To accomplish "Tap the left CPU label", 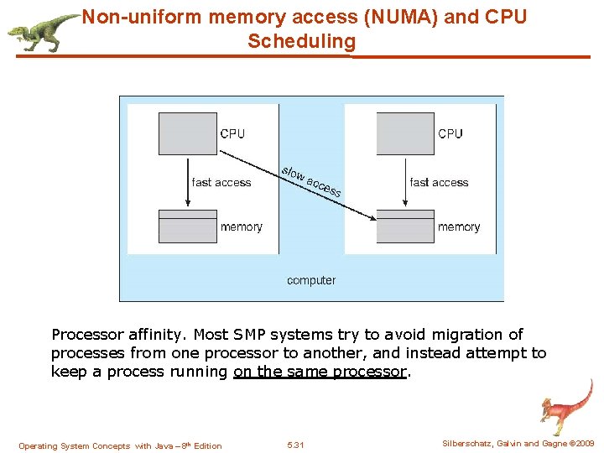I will (x=232, y=133).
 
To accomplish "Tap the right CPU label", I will (x=450, y=133).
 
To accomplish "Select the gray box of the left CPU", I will (x=187, y=133).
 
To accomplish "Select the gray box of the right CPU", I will (x=405, y=133).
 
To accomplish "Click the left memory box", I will (x=187, y=226).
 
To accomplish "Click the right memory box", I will (x=405, y=226).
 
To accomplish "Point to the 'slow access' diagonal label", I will (x=311, y=180).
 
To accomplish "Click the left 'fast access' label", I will (x=221, y=182).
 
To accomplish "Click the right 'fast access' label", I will (x=439, y=182).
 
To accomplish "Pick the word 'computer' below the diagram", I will (x=311, y=280).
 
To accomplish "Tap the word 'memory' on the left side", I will (x=241, y=226).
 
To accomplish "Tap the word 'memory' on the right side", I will (x=459, y=226).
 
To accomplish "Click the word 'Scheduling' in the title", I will (x=301, y=41).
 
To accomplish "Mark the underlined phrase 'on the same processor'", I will (x=320, y=372).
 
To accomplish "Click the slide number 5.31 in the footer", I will (x=295, y=445).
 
